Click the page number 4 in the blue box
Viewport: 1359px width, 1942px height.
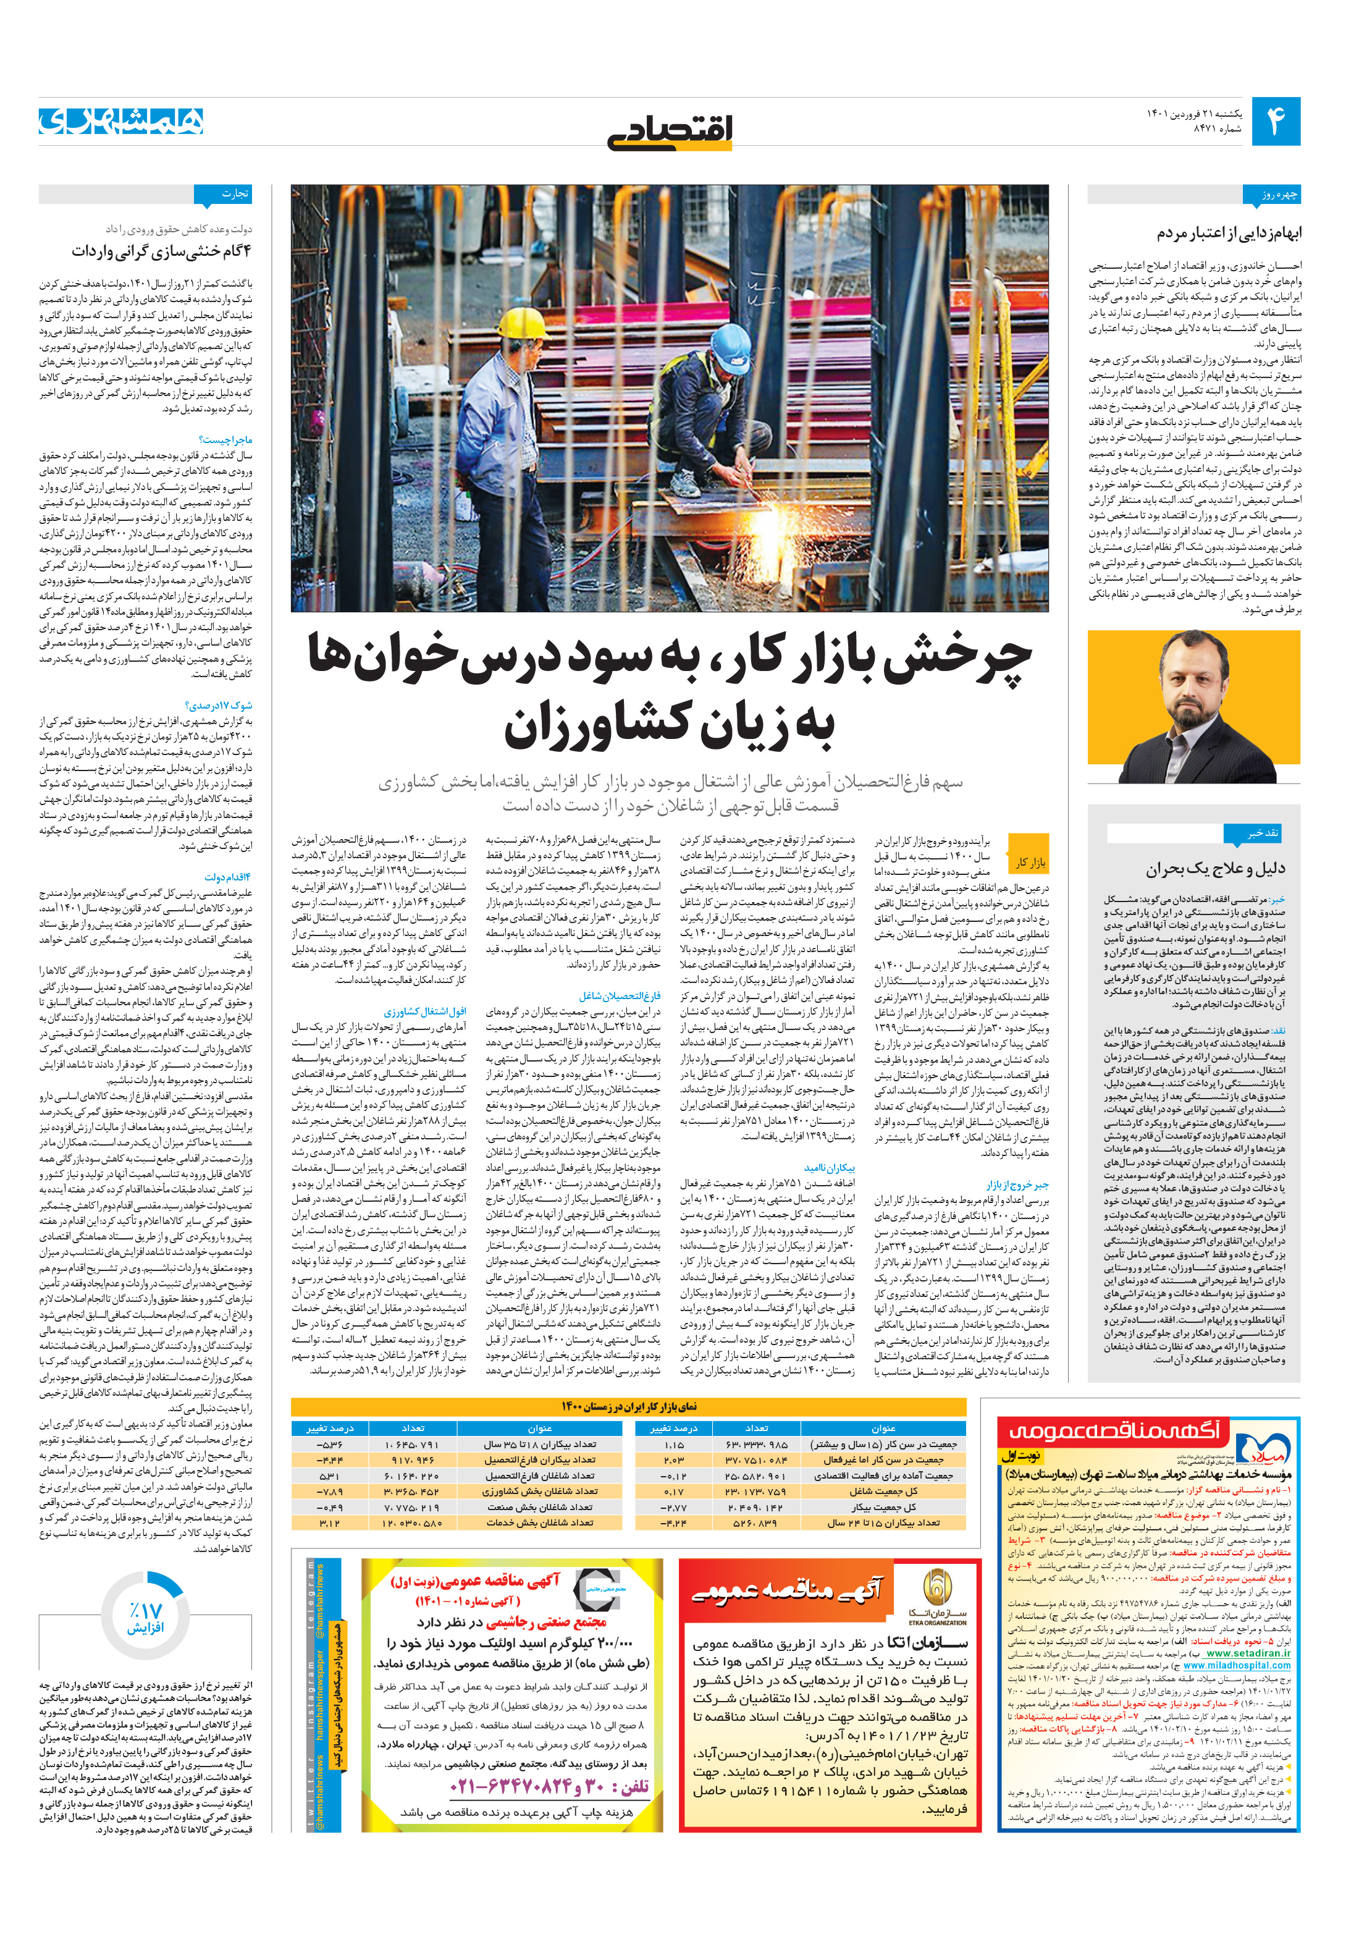[1274, 122]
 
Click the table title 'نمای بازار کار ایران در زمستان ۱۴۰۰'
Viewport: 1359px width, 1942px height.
[628, 1406]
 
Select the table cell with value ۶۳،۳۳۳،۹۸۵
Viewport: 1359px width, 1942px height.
[756, 1445]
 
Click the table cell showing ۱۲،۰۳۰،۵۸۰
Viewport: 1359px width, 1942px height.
[413, 1522]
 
